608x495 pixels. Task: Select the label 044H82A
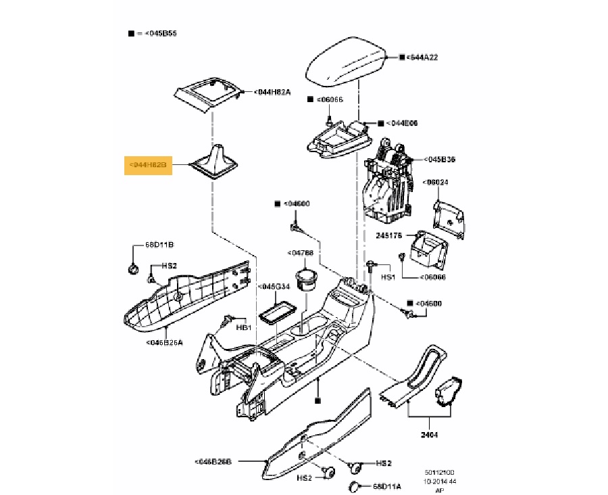tap(272, 92)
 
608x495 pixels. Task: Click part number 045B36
tap(440, 160)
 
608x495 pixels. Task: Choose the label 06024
tap(436, 183)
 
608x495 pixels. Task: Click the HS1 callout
tap(387, 277)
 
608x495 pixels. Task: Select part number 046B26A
tap(165, 341)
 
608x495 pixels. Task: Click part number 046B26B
tap(213, 461)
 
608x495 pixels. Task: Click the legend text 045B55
tap(159, 33)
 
